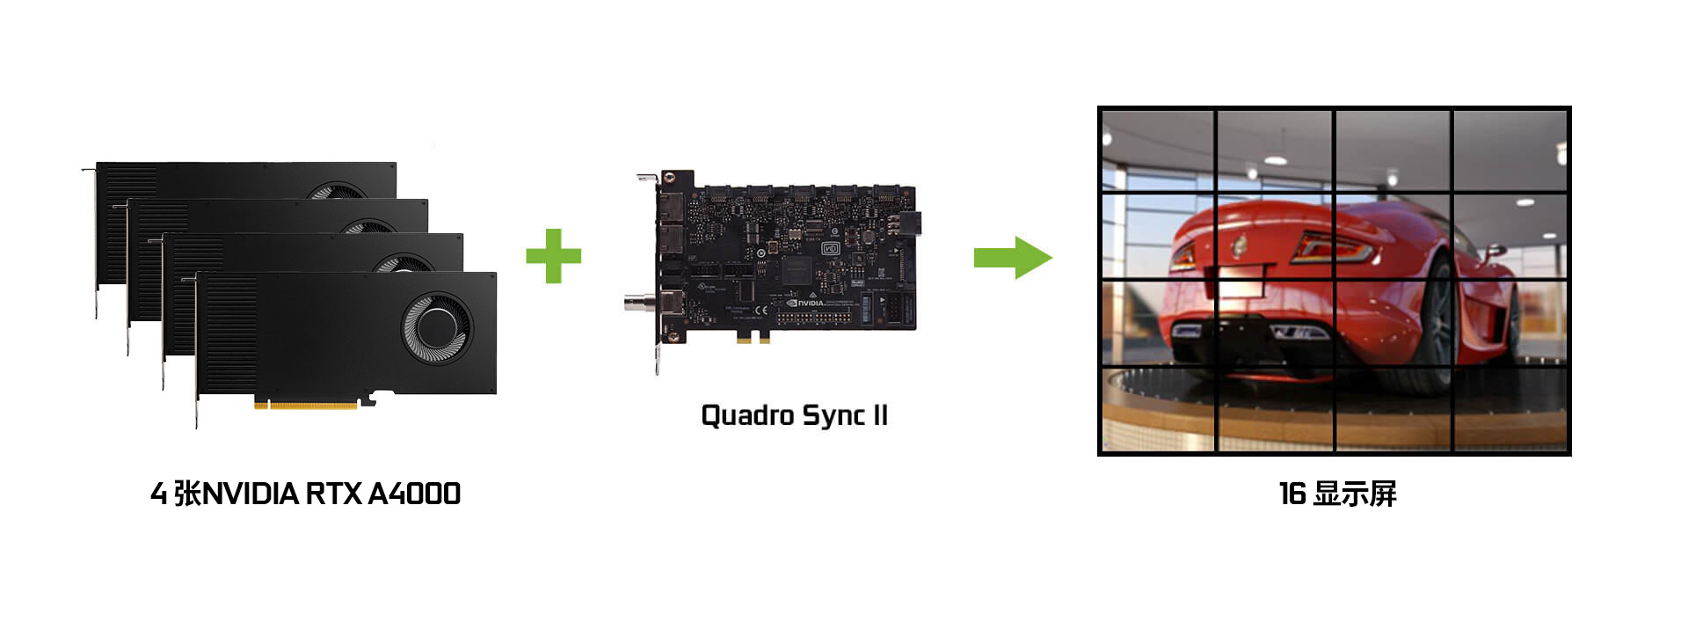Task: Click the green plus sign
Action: point(553,256)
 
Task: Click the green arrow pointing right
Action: point(1012,257)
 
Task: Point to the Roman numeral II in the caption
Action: point(879,414)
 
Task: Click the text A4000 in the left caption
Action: point(414,494)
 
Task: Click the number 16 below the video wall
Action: point(1291,494)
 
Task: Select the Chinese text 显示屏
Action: point(1355,494)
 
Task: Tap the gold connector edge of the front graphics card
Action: point(305,405)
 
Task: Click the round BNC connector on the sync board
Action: point(635,304)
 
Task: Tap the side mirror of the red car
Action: point(1495,251)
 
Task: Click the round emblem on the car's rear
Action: point(1240,245)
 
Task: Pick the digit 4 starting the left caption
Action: point(158,494)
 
